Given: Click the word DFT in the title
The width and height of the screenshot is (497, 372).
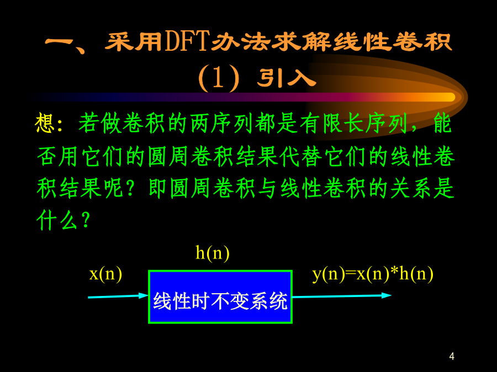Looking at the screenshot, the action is point(187,41).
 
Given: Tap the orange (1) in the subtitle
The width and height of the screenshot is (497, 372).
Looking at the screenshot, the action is point(219,78).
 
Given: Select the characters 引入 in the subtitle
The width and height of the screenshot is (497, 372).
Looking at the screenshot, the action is point(287,78).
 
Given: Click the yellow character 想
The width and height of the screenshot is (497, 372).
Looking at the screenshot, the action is point(45,123).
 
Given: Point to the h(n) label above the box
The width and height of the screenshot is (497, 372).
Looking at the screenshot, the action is point(213,253).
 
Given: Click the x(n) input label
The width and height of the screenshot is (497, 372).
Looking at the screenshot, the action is point(105,274).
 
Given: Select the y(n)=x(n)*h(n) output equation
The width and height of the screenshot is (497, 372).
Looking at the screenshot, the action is point(373,274).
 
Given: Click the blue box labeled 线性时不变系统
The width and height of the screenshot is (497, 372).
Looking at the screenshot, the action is point(220,296).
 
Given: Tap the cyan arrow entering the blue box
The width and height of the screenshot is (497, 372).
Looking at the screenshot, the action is point(118,296).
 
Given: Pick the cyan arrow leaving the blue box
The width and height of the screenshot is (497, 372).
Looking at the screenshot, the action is point(342,296).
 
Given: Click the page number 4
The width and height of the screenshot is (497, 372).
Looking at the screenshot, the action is point(452,356).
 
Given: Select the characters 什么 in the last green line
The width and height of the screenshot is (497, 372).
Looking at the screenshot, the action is point(57,220).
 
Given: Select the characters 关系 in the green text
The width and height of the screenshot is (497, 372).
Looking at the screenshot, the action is point(411,188).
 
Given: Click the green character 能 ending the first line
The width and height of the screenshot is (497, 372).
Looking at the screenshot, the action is point(442,123).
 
